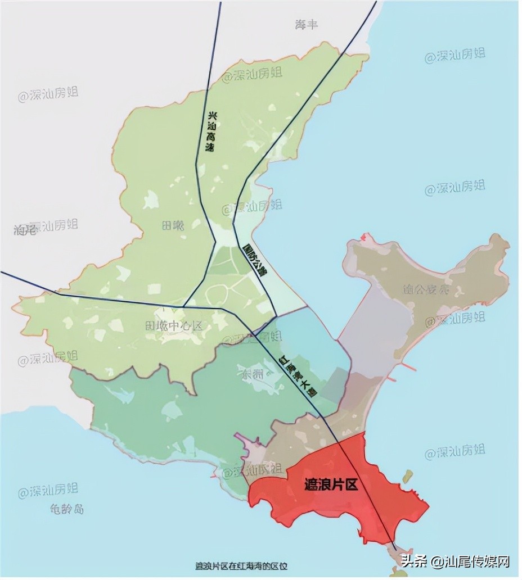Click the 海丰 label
(x=307, y=25)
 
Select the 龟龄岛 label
(x=66, y=509)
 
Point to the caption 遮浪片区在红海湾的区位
(x=241, y=565)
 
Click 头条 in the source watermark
(x=413, y=560)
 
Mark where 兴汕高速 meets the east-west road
(x=184, y=306)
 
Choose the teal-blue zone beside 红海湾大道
(x=315, y=343)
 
